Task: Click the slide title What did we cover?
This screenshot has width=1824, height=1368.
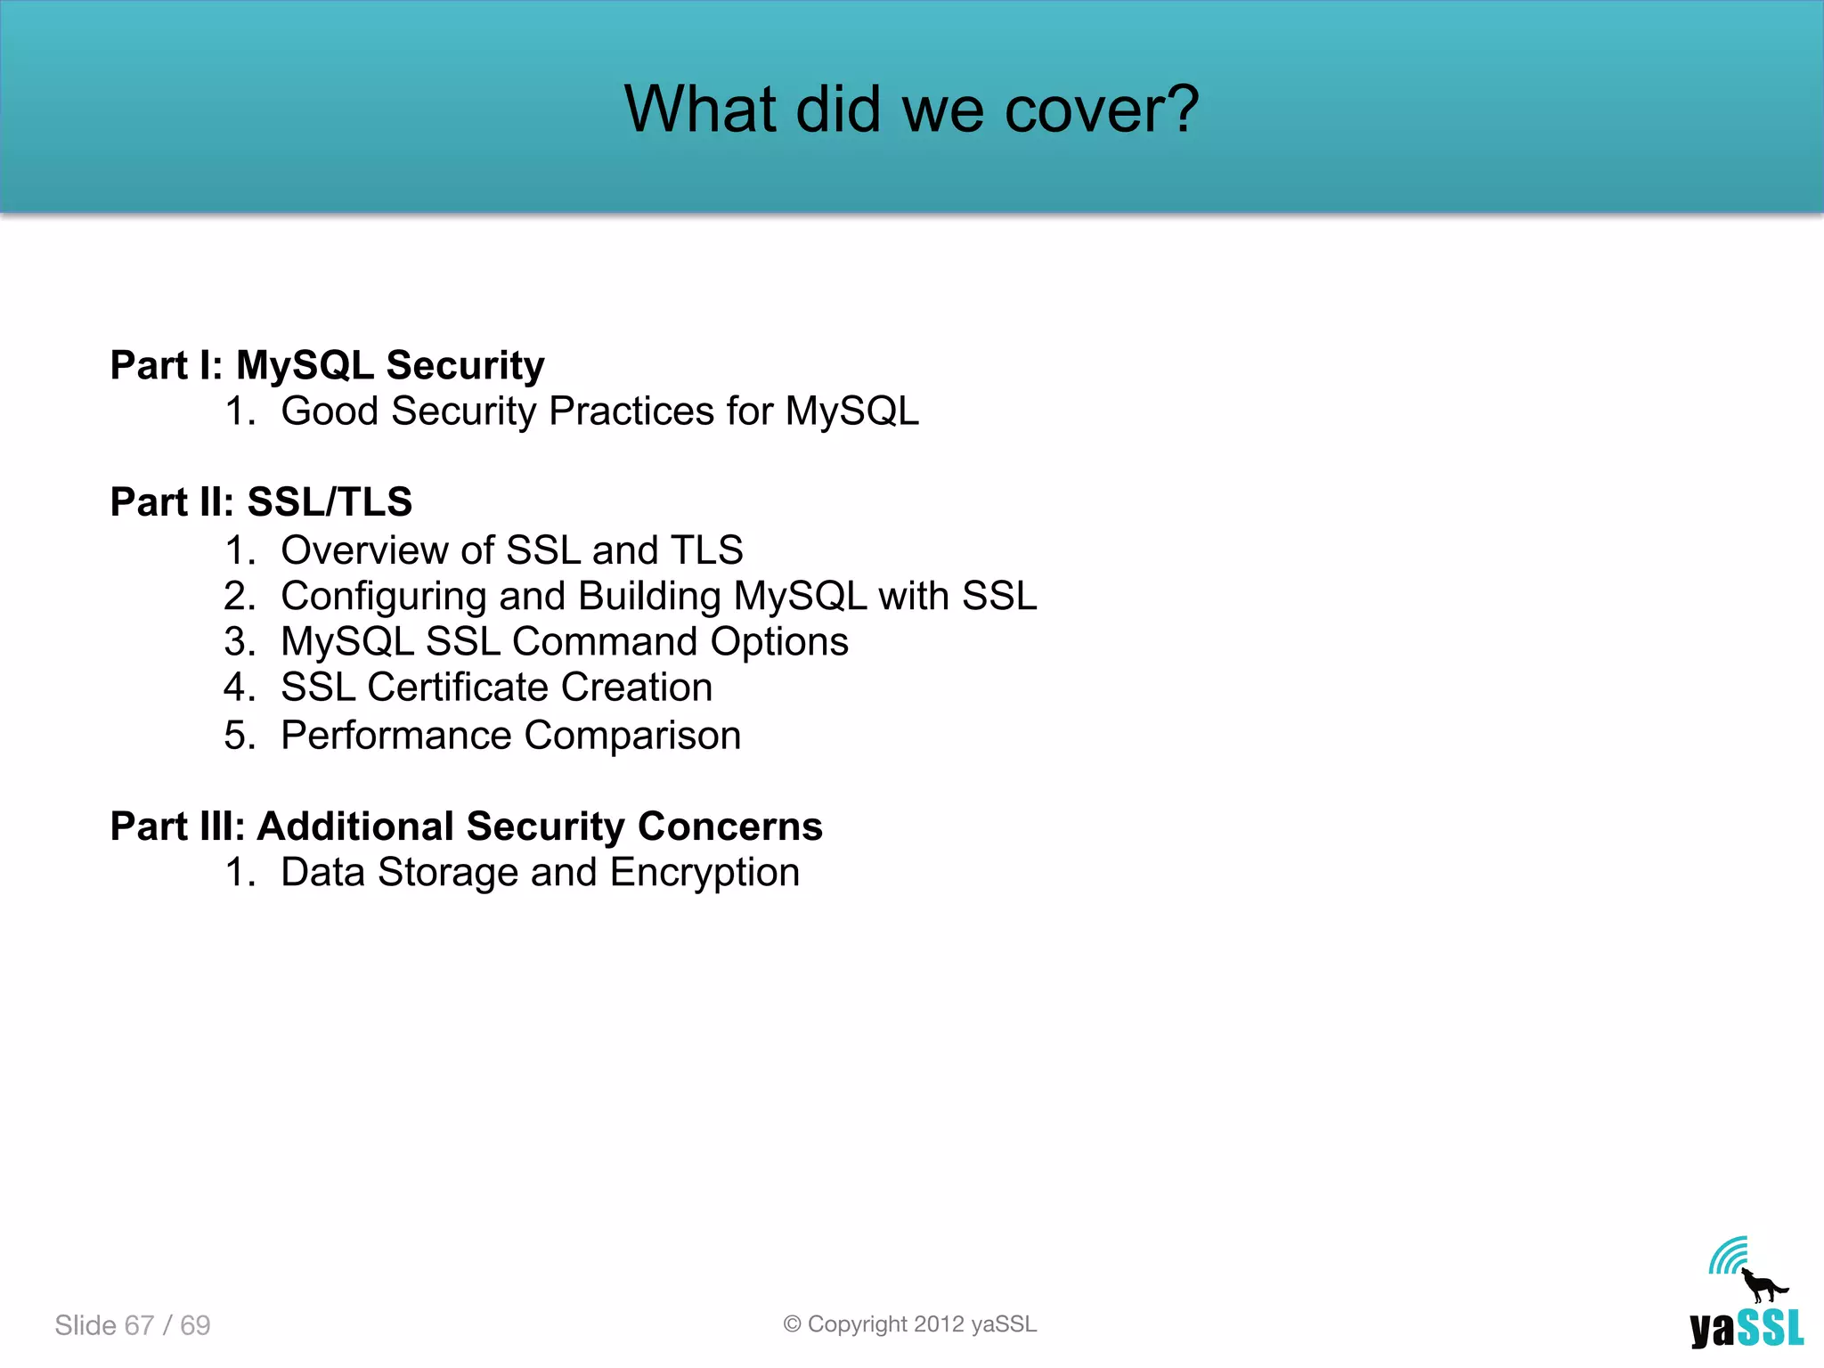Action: pos(911,109)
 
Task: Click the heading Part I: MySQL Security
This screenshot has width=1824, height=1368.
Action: pos(327,365)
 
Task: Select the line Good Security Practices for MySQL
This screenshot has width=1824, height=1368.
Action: pos(599,411)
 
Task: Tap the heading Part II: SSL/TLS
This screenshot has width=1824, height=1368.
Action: pos(261,502)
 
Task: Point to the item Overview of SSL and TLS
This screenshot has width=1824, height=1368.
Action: pos(511,550)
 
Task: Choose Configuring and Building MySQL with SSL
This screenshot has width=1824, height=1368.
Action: pos(658,596)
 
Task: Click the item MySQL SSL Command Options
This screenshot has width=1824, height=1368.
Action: pos(564,642)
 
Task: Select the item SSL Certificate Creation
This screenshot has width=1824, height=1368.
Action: pos(496,688)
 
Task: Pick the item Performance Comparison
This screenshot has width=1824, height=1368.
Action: pos(510,736)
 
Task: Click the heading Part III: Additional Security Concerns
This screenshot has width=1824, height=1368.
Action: pos(466,826)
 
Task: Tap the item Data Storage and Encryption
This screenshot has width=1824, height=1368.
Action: pos(540,873)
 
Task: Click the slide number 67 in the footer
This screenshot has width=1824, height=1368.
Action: pos(139,1325)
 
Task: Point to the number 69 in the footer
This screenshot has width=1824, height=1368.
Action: pos(195,1325)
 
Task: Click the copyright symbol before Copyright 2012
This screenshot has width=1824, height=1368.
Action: pos(792,1324)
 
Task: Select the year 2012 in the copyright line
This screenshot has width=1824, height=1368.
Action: pos(939,1324)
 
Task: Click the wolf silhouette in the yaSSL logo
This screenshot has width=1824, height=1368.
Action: pos(1762,1286)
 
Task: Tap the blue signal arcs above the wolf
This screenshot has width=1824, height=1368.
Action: pos(1728,1256)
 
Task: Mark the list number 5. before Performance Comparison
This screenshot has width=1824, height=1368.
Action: pos(239,736)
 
